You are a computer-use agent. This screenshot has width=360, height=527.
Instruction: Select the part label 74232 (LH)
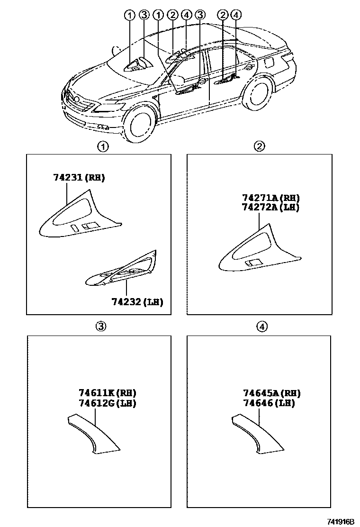point(137,302)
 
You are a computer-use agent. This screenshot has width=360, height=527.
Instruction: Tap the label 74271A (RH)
point(271,198)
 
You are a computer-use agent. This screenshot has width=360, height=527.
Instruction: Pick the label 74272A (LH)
point(271,207)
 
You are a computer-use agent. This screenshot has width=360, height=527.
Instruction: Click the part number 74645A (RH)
point(271,393)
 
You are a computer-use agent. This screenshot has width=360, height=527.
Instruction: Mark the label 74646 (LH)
point(269,403)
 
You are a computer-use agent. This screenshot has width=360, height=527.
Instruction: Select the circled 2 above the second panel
point(260,146)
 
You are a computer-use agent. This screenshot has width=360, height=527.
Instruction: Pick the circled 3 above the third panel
point(101,326)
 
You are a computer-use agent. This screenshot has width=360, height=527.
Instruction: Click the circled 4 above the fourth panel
point(261,326)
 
